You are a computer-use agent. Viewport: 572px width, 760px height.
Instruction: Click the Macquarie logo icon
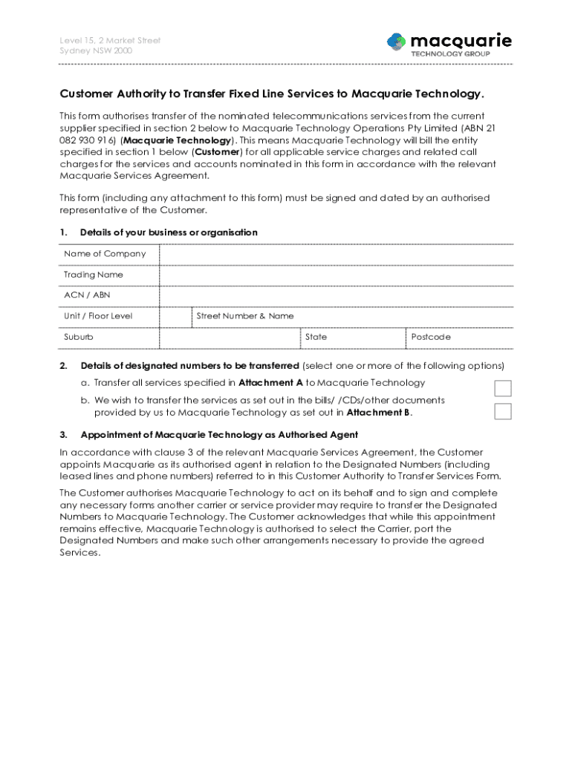(396, 42)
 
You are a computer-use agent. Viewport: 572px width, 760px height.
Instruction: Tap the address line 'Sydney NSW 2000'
(94, 51)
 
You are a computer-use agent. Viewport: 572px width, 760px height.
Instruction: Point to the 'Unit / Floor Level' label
(98, 316)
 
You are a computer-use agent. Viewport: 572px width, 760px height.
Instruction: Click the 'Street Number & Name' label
(245, 316)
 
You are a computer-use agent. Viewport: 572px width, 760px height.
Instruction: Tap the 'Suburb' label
(79, 337)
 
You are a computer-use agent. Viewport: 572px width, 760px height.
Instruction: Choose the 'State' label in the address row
(316, 337)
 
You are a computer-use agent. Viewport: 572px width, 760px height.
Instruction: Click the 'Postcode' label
(431, 337)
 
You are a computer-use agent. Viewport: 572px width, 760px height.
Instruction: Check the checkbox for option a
(503, 388)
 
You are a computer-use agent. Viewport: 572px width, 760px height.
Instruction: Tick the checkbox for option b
(503, 411)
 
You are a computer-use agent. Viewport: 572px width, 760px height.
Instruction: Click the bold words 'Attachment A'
(270, 383)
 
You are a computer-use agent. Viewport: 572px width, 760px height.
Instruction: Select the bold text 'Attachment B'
(379, 413)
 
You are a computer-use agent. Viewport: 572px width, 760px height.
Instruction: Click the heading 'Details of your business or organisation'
(169, 233)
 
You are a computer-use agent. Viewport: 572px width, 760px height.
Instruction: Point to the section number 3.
(64, 435)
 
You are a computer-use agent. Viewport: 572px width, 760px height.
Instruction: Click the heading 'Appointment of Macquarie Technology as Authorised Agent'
(219, 435)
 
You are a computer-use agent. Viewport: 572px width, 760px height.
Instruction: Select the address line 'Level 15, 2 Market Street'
(110, 40)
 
